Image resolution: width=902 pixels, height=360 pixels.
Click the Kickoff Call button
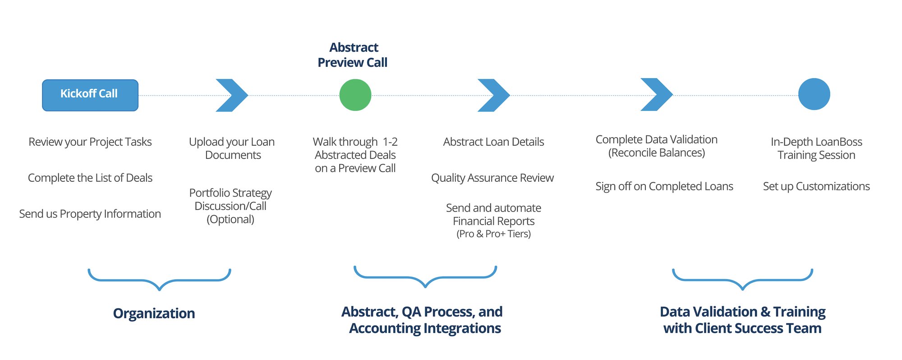click(90, 95)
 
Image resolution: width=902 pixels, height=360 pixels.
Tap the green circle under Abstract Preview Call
click(355, 95)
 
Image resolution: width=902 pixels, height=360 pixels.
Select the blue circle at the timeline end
click(814, 94)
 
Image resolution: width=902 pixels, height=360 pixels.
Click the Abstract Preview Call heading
click(353, 55)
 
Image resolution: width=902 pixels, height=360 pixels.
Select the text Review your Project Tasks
click(90, 142)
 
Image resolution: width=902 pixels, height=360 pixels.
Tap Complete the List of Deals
click(90, 178)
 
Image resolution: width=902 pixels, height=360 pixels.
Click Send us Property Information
click(90, 214)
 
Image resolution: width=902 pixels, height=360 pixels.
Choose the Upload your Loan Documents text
click(232, 148)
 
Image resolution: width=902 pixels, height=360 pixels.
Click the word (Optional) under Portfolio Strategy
click(230, 219)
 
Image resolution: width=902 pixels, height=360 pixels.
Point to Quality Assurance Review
click(492, 178)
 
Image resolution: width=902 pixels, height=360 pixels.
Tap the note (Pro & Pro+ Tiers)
click(493, 234)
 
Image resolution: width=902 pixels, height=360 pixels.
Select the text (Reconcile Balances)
click(656, 153)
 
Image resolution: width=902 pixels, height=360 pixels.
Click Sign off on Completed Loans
click(664, 186)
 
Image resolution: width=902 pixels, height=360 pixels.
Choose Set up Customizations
click(816, 186)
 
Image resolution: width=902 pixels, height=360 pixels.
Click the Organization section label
click(154, 313)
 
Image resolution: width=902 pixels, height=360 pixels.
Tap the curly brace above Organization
click(159, 280)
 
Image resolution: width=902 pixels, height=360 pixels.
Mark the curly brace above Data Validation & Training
click(742, 280)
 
